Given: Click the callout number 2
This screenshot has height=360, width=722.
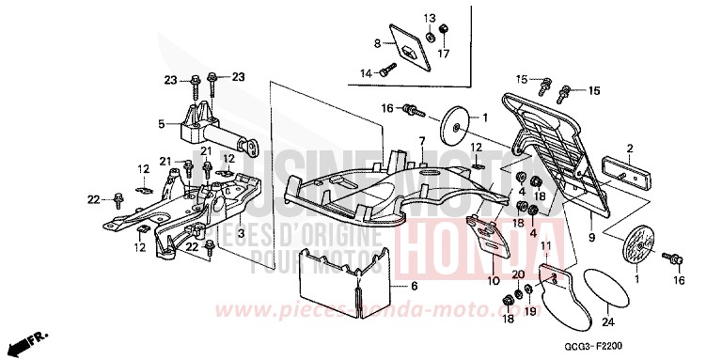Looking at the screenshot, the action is [x=630, y=148].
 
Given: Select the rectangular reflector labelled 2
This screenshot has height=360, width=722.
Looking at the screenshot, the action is [x=627, y=176].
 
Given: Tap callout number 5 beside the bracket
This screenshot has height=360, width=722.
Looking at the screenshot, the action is [x=161, y=123].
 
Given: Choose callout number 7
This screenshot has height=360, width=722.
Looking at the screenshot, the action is [x=422, y=141].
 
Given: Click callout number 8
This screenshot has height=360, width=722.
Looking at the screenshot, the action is [x=377, y=43].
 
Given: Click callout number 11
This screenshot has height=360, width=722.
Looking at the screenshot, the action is [x=543, y=246].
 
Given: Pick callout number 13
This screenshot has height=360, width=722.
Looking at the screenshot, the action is [x=430, y=19].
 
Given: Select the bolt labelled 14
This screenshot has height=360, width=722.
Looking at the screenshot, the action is [x=387, y=69].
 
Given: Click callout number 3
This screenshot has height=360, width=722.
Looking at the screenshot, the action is [x=241, y=232].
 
